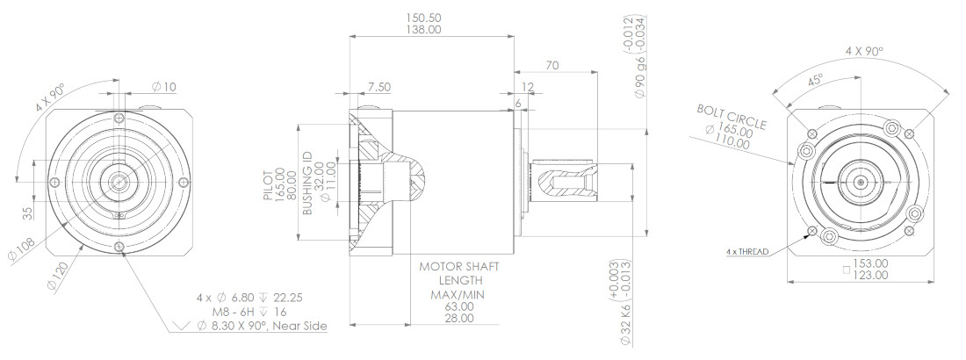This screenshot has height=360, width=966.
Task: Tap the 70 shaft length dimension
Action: (x=552, y=65)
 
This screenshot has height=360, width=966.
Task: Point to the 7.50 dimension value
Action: (x=379, y=86)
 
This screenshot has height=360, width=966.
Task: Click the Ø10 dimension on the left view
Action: (x=163, y=86)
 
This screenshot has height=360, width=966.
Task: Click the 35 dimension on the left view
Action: (x=28, y=212)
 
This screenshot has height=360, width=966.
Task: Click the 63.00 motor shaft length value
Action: (x=458, y=306)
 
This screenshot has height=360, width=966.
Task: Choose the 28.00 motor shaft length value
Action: (x=458, y=319)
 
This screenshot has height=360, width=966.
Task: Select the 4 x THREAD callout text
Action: (x=746, y=252)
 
